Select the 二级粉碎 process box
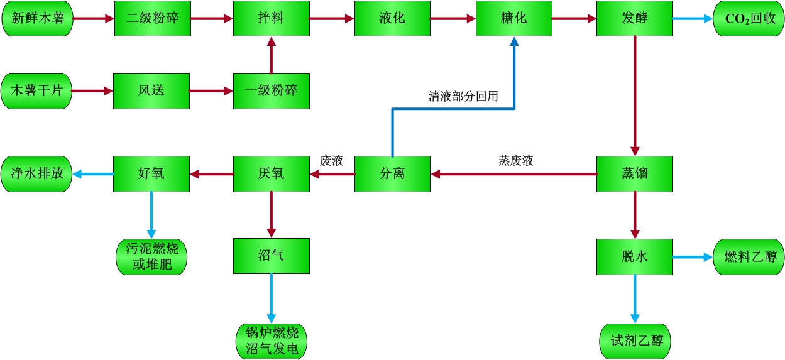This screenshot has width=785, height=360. click(152, 18)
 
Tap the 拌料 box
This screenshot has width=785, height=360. click(271, 18)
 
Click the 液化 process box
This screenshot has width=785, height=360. click(392, 18)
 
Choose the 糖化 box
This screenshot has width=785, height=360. click(513, 18)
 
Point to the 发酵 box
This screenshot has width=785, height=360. click(634, 18)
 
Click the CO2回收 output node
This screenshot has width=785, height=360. click(749, 18)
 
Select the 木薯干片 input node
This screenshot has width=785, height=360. click(36, 90)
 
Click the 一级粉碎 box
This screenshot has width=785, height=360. click(271, 90)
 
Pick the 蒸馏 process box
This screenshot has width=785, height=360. click(634, 173)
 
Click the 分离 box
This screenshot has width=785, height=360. click(392, 173)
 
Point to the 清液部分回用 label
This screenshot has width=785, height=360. click(463, 97)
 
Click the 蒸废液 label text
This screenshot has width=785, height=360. click(515, 161)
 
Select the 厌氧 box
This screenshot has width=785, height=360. click(271, 173)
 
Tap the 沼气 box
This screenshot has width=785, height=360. click(271, 256)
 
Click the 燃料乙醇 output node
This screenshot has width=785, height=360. click(749, 256)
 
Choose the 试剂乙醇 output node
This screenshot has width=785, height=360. click(636, 341)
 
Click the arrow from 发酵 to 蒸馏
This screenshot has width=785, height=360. click(635, 94)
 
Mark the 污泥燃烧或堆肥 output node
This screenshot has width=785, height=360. click(152, 256)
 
